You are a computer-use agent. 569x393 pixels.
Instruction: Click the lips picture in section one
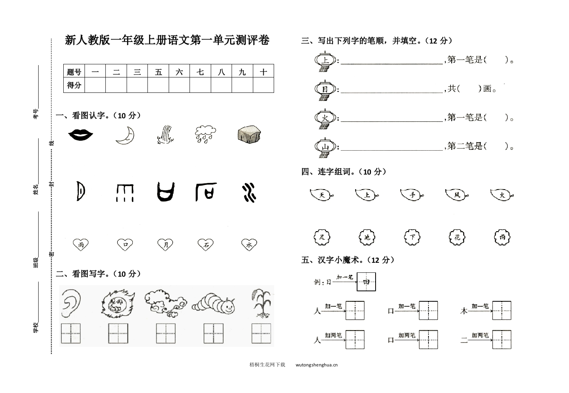(81, 134)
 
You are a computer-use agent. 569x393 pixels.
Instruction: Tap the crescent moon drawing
(125, 135)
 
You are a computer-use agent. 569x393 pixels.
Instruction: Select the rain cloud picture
(205, 134)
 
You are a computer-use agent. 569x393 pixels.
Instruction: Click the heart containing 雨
(81, 244)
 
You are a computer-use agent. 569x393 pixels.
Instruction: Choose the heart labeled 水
(249, 244)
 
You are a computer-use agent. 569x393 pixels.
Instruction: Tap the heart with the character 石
(206, 244)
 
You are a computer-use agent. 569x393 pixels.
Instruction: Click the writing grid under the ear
(71, 333)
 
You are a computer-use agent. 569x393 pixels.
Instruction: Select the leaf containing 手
(412, 195)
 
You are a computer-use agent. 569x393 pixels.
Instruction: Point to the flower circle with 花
(457, 237)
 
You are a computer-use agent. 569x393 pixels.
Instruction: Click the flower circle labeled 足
(322, 237)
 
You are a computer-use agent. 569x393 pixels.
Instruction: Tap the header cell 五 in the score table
(158, 71)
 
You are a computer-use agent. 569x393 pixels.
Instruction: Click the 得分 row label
(74, 85)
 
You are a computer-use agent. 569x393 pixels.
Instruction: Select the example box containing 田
(366, 282)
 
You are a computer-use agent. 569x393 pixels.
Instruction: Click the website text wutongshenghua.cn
(317, 364)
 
